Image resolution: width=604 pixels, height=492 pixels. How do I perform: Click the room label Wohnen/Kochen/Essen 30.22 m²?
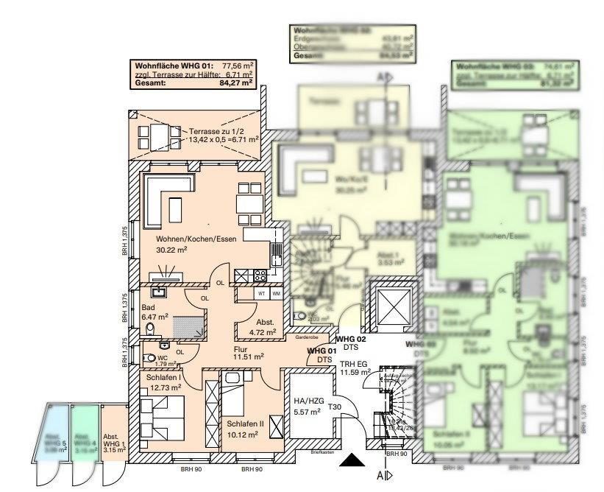point(186,244)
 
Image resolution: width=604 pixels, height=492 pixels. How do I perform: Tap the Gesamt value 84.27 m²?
point(235,83)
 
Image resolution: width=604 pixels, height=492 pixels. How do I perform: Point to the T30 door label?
point(335,407)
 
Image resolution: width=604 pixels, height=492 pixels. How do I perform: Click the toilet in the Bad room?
point(150,329)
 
